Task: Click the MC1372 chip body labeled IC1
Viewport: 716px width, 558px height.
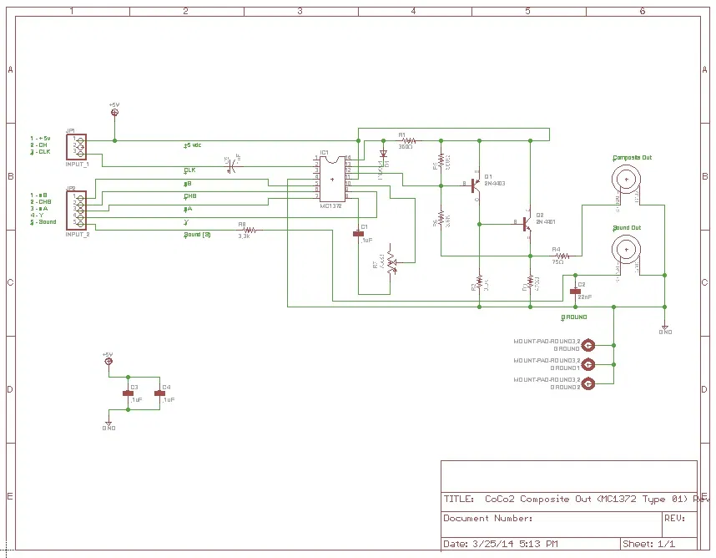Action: point(332,178)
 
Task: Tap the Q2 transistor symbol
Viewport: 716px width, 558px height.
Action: point(527,224)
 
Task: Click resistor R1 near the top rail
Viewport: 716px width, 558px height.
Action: point(406,140)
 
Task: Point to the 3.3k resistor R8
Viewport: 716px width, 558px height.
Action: point(244,230)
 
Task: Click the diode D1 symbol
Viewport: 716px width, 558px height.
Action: point(383,155)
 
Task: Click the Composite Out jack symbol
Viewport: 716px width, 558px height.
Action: point(626,178)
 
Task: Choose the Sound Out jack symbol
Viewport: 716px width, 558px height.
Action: point(626,247)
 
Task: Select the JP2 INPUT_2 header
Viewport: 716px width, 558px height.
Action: point(78,210)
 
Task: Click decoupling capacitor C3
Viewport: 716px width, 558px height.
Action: point(128,392)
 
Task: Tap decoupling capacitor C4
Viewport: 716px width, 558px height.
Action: point(159,392)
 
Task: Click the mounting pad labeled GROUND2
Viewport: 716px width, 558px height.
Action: point(588,383)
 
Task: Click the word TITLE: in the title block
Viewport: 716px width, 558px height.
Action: point(458,500)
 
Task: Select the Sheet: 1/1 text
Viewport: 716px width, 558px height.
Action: point(649,544)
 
